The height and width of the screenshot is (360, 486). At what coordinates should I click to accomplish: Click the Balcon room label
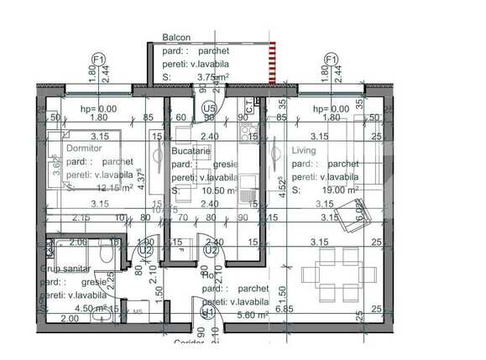tap(176, 38)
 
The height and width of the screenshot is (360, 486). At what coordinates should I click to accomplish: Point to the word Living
tap(304, 150)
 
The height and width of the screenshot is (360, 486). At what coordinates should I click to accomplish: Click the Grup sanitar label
tap(65, 269)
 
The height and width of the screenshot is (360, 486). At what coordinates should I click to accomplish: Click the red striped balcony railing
tap(271, 63)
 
